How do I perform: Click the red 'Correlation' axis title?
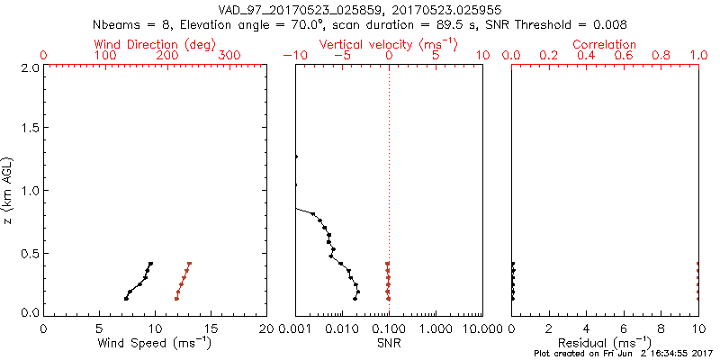605,44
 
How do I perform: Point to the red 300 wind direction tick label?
230,56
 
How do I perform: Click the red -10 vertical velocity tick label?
294,56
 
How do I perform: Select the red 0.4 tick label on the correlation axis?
586,56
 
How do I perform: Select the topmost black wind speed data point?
151,264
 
